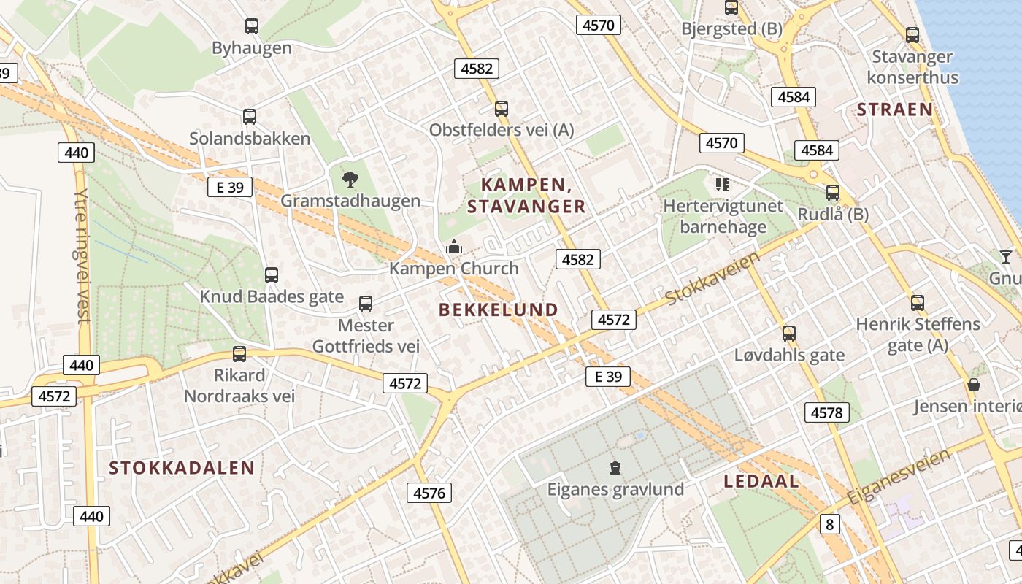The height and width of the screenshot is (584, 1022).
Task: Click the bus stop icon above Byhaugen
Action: [252, 26]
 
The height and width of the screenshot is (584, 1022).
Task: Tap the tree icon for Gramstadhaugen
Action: [350, 179]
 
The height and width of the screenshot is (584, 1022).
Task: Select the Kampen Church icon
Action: [454, 247]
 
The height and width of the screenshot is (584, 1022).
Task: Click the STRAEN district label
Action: [894, 109]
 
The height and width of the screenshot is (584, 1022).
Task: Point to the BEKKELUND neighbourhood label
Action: [499, 310]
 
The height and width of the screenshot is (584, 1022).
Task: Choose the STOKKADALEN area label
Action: [182, 468]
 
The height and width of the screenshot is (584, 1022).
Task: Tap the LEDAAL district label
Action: [761, 482]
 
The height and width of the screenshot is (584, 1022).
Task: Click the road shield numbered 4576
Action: [429, 493]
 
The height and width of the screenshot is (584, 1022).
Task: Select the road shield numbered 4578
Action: [827, 412]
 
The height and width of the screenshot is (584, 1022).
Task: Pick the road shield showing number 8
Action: [829, 523]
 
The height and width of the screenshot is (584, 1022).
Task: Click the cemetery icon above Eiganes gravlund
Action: [615, 467]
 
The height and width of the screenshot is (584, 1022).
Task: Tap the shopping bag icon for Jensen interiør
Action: [973, 384]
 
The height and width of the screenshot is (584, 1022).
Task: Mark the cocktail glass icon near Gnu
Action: [1006, 256]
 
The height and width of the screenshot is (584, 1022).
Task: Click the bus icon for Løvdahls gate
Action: [789, 334]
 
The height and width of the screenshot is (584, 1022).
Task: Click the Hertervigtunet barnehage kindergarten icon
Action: [722, 184]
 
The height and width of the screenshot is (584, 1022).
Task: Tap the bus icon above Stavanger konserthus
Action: [912, 34]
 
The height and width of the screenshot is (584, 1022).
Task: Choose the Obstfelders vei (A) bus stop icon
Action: [501, 109]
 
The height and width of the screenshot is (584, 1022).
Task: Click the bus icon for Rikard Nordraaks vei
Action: [239, 354]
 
